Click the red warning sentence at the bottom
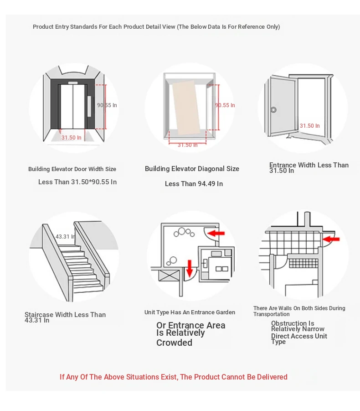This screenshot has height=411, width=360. click(x=173, y=377)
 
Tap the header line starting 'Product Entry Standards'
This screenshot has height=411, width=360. click(x=156, y=27)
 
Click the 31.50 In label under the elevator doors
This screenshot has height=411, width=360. click(x=72, y=137)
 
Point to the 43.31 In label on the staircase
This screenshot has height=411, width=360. click(x=65, y=237)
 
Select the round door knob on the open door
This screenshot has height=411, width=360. click(x=273, y=110)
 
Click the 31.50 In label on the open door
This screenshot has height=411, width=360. click(x=309, y=126)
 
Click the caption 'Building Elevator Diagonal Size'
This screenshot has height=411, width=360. click(x=192, y=169)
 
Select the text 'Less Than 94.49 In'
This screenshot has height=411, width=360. click(x=194, y=184)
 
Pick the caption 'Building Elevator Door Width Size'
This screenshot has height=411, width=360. click(x=72, y=169)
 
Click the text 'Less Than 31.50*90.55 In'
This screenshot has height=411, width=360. click(x=77, y=182)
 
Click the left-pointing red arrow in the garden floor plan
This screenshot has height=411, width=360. click(x=216, y=233)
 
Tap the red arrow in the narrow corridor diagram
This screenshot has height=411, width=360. click(x=330, y=239)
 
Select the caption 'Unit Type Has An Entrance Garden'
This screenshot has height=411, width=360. click(x=190, y=312)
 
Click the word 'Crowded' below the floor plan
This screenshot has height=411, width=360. click(x=174, y=343)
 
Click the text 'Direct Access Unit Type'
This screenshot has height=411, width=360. click(x=299, y=339)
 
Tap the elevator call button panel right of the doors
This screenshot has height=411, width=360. click(x=89, y=106)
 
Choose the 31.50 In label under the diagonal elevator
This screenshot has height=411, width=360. click(x=187, y=145)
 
